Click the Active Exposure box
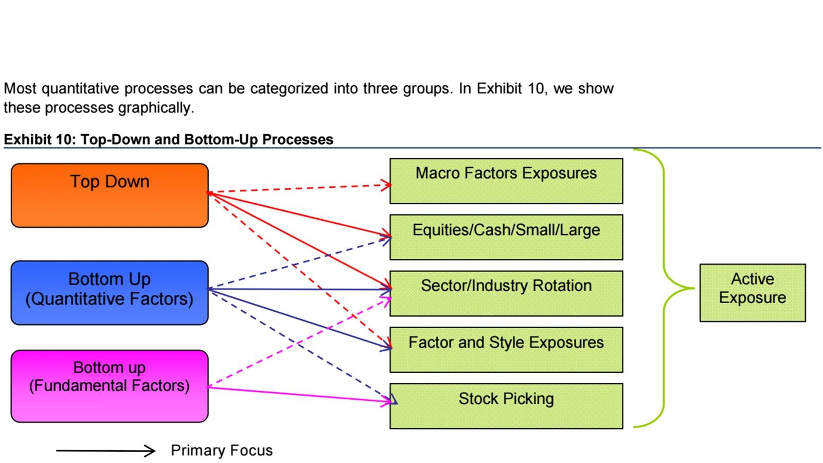click(752, 293)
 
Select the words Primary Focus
click(222, 451)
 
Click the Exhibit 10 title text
click(168, 139)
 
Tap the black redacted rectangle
click(701, 26)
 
